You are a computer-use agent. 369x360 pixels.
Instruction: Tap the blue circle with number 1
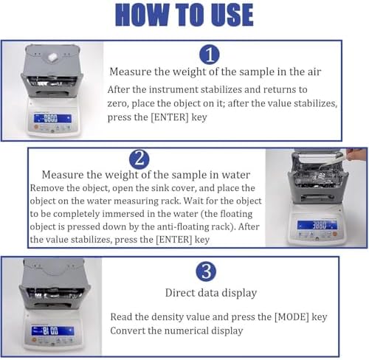[x=210, y=54]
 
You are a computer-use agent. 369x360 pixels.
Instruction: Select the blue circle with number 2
[x=139, y=159]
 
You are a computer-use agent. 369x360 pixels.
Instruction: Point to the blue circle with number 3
[x=206, y=271]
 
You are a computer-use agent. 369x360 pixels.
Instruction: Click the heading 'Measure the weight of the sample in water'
[x=146, y=175]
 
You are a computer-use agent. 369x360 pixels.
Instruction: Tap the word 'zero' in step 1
[x=119, y=104]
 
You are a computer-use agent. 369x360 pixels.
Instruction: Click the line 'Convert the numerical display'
[x=176, y=330]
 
